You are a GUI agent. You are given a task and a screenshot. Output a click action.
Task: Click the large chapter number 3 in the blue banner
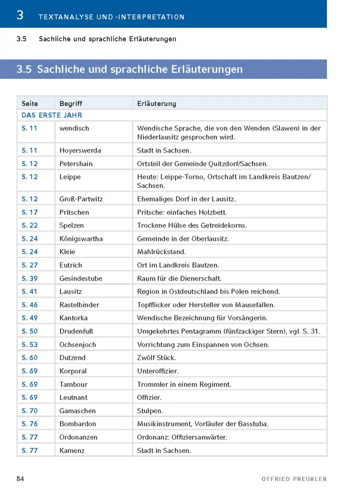[20, 15]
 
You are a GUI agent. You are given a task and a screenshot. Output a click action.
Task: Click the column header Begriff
[71, 104]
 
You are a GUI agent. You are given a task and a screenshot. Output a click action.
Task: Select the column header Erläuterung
[157, 104]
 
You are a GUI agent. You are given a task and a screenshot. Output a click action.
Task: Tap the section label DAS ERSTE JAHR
[52, 115]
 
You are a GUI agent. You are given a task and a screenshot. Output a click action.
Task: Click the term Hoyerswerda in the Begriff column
[80, 150]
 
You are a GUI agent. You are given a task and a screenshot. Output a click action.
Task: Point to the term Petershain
[76, 164]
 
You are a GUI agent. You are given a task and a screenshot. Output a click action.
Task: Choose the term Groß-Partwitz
[81, 199]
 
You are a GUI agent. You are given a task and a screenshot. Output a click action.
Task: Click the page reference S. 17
[30, 212]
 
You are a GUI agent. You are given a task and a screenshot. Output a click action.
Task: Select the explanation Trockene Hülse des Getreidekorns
[192, 226]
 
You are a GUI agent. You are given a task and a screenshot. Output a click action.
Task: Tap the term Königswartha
[81, 239]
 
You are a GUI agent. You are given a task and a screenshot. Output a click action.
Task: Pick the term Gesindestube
[80, 278]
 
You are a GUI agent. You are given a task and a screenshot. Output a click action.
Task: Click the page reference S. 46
[30, 304]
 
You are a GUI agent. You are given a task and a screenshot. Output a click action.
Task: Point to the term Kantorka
[73, 318]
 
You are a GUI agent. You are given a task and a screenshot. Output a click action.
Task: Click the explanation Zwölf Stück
[157, 357]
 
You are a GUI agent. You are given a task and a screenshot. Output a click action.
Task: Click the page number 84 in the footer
[20, 479]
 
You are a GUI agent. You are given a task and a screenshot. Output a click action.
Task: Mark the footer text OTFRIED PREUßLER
[294, 479]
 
